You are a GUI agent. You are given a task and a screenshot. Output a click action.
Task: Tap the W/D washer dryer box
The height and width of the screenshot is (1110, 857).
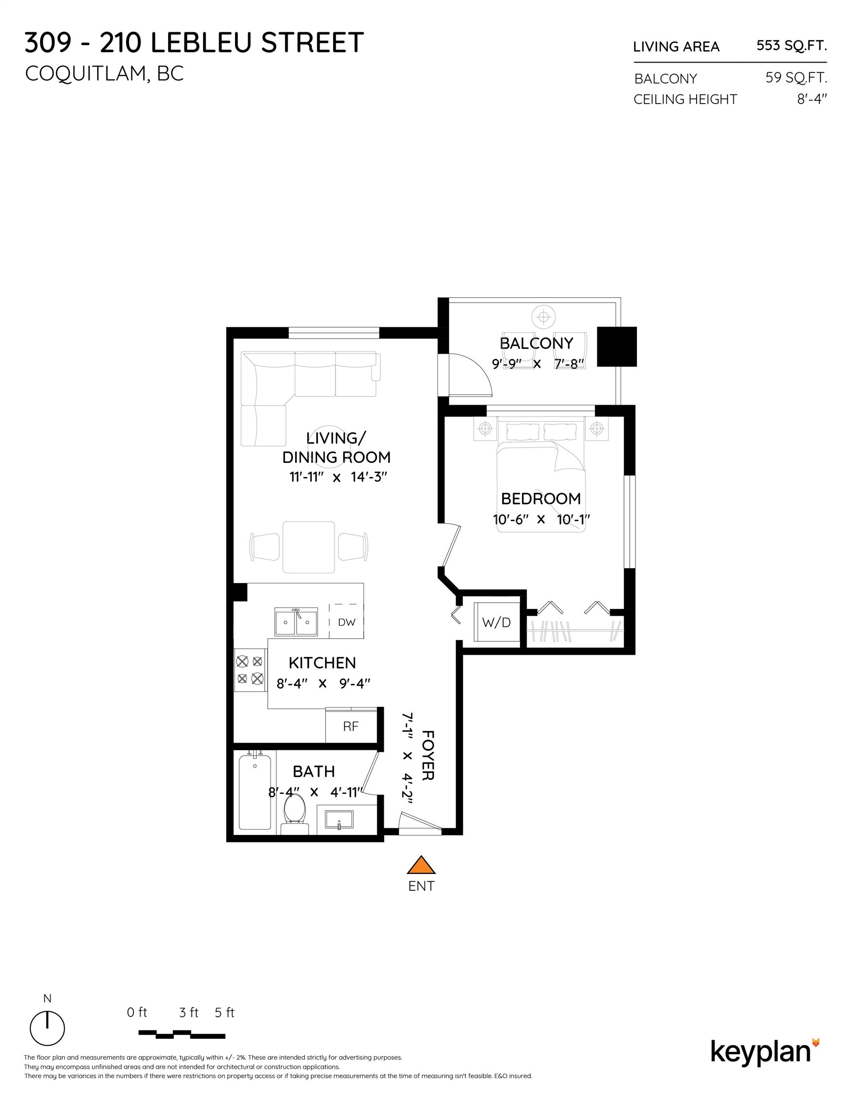tap(496, 622)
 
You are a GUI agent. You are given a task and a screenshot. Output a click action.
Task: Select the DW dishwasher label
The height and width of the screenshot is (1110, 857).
tap(347, 622)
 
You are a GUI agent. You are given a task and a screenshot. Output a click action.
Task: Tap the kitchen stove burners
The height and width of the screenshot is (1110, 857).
tap(250, 670)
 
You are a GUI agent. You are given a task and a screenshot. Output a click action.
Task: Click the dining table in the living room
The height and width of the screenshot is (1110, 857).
tap(308, 547)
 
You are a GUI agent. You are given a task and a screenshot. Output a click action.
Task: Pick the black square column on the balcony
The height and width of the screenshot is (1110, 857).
tap(616, 346)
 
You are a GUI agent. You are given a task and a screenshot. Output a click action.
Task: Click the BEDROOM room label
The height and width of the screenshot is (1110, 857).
tap(541, 499)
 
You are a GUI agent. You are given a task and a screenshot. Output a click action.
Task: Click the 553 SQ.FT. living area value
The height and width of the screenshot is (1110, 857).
tap(791, 46)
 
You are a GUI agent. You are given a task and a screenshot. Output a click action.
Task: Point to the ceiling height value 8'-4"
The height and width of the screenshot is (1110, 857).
tap(811, 99)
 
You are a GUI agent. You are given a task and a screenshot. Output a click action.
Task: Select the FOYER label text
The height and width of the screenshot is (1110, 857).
tap(428, 755)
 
